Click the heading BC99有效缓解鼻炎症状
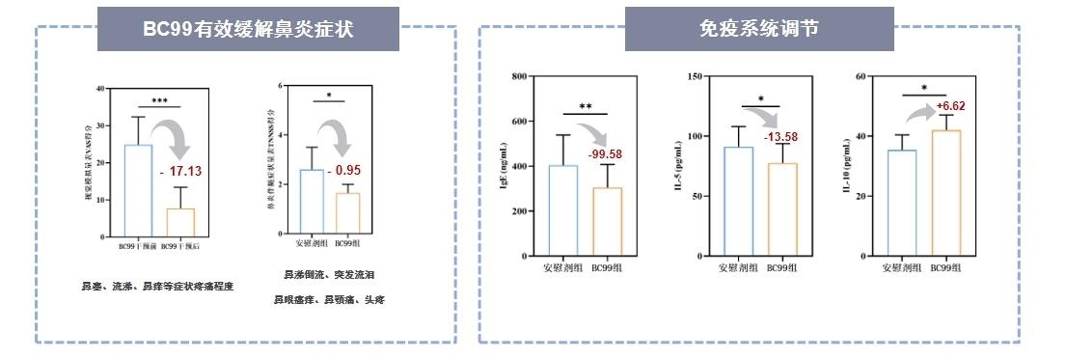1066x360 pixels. (248, 29)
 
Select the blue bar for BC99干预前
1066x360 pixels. (138, 190)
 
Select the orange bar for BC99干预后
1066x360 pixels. (180, 222)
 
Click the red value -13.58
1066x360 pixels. (780, 137)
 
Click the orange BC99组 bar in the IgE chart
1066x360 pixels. (608, 222)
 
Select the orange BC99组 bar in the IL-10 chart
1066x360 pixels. (945, 193)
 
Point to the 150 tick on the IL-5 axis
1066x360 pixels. (696, 76)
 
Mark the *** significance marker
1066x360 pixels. (159, 100)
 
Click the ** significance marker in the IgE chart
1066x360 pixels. (586, 107)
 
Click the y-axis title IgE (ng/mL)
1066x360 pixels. (504, 167)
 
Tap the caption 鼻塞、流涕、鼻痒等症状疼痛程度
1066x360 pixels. (158, 287)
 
